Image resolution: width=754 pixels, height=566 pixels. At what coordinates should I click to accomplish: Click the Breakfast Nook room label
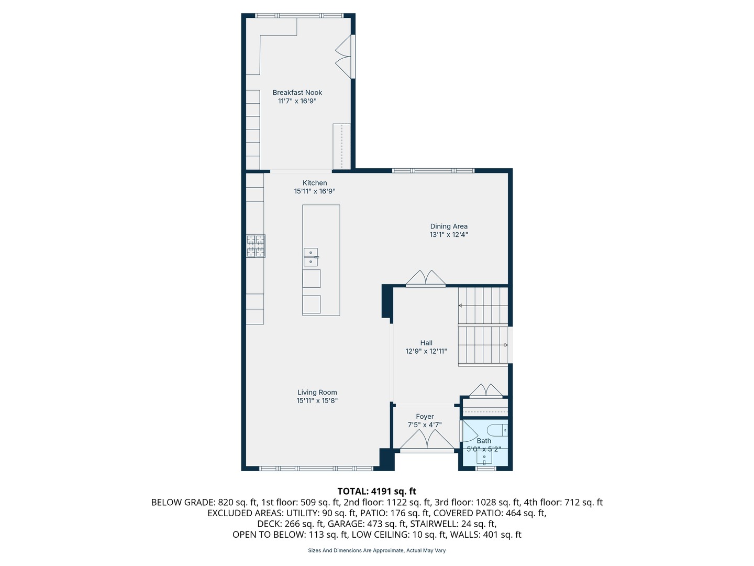tap(297, 92)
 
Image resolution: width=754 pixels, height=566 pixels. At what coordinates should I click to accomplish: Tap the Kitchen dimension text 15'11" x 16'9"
tap(314, 191)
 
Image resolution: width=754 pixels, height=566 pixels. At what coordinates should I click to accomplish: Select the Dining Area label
tap(449, 226)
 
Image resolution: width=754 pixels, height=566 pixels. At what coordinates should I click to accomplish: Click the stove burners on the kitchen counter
tap(256, 246)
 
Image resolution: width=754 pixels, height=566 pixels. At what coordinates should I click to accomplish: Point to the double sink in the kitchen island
tap(311, 257)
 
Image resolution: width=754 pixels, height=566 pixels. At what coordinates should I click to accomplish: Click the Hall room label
tap(426, 343)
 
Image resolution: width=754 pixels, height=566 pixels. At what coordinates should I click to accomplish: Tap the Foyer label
tap(425, 416)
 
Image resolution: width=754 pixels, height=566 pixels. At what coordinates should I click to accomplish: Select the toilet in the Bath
tap(497, 430)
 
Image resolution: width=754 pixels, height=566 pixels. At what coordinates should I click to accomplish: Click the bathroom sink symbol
tap(484, 456)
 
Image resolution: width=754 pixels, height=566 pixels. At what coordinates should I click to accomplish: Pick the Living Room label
tap(317, 392)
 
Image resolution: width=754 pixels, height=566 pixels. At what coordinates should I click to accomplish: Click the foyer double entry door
tap(427, 440)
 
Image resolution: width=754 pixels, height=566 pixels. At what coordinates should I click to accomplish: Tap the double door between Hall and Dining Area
tap(426, 278)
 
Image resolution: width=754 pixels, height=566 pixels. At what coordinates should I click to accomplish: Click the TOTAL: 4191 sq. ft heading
tap(376, 491)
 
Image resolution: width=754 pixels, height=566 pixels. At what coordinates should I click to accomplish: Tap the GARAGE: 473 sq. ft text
tap(367, 524)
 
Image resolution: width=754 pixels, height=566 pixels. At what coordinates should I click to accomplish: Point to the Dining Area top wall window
tap(433, 170)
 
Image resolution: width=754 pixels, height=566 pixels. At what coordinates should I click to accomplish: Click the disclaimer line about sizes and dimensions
tap(376, 550)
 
